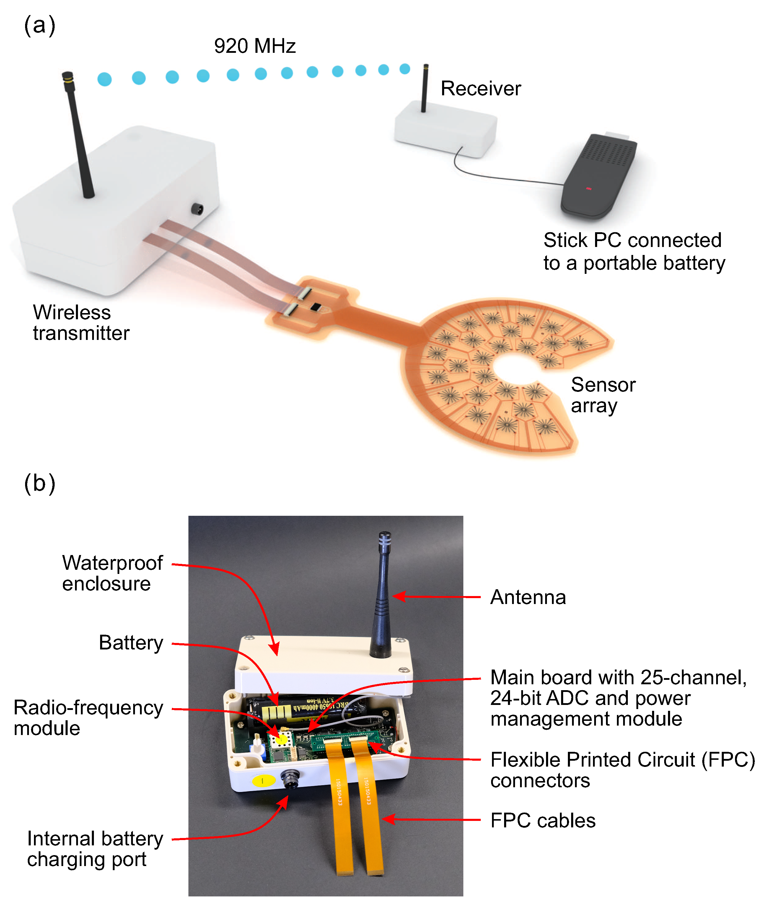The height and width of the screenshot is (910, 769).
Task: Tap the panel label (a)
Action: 40,26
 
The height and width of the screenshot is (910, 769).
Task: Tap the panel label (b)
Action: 40,484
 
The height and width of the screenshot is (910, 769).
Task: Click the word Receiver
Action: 480,89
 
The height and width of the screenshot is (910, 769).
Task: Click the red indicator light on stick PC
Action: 589,189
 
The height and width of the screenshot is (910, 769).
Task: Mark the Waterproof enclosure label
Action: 112,573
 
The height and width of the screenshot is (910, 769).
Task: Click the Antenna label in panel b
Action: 527,597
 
